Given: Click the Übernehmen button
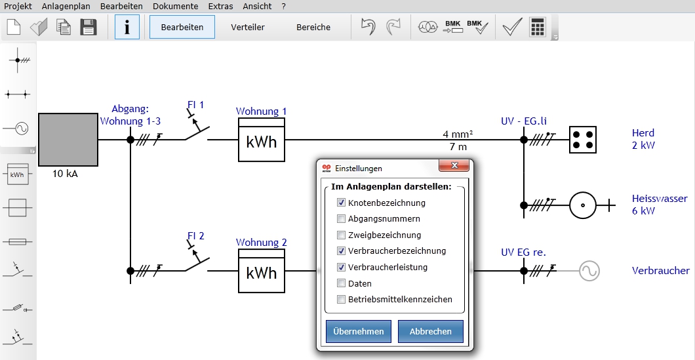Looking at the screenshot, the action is (359, 331).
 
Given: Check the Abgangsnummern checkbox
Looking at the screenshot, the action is (341, 218).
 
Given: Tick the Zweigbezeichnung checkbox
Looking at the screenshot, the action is (341, 235).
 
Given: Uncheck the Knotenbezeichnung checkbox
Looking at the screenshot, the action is (341, 203).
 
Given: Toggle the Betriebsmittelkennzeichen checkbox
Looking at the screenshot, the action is (341, 299).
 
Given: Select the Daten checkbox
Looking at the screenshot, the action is (341, 283).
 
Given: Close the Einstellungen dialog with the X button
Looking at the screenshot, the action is (454, 165).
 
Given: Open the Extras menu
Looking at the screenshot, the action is (220, 6).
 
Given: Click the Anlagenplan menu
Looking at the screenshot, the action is (66, 6).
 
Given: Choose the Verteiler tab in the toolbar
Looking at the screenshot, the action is (248, 27).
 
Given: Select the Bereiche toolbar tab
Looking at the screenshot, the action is (313, 27).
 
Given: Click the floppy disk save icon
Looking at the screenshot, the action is (89, 27).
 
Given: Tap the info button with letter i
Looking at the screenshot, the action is (127, 27).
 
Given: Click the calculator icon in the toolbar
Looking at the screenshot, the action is (537, 27).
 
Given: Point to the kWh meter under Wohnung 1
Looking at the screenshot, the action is (262, 140).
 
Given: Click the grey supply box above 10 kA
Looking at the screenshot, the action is (68, 139).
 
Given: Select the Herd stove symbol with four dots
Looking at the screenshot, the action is (582, 139).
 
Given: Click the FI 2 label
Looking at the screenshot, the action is (195, 236).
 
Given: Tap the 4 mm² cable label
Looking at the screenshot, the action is (458, 134).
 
